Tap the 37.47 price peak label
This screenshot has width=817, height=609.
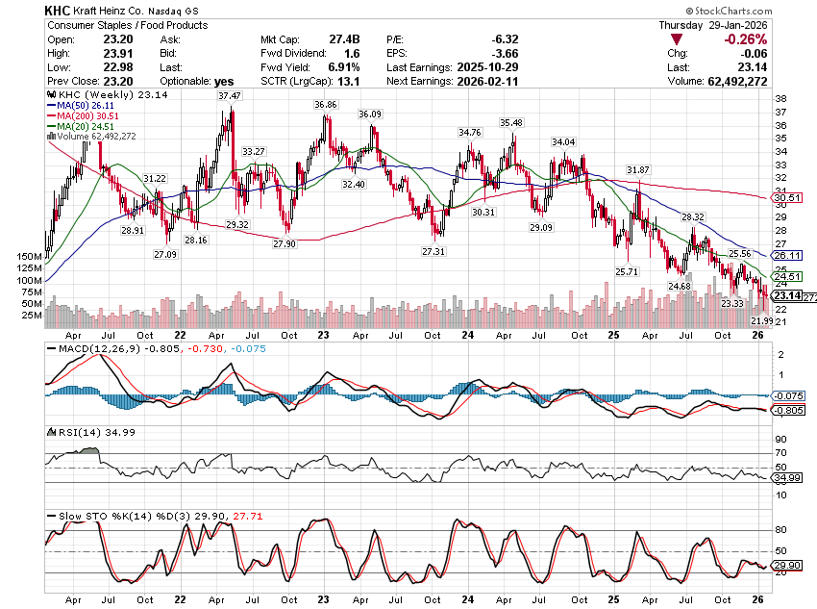point(229,96)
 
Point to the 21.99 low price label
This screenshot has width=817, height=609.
point(762,319)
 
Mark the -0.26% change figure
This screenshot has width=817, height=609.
point(745,39)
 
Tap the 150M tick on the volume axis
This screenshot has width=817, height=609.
point(29,257)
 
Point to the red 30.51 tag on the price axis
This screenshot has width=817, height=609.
point(787,198)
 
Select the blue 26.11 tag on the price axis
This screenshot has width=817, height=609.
point(787,256)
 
